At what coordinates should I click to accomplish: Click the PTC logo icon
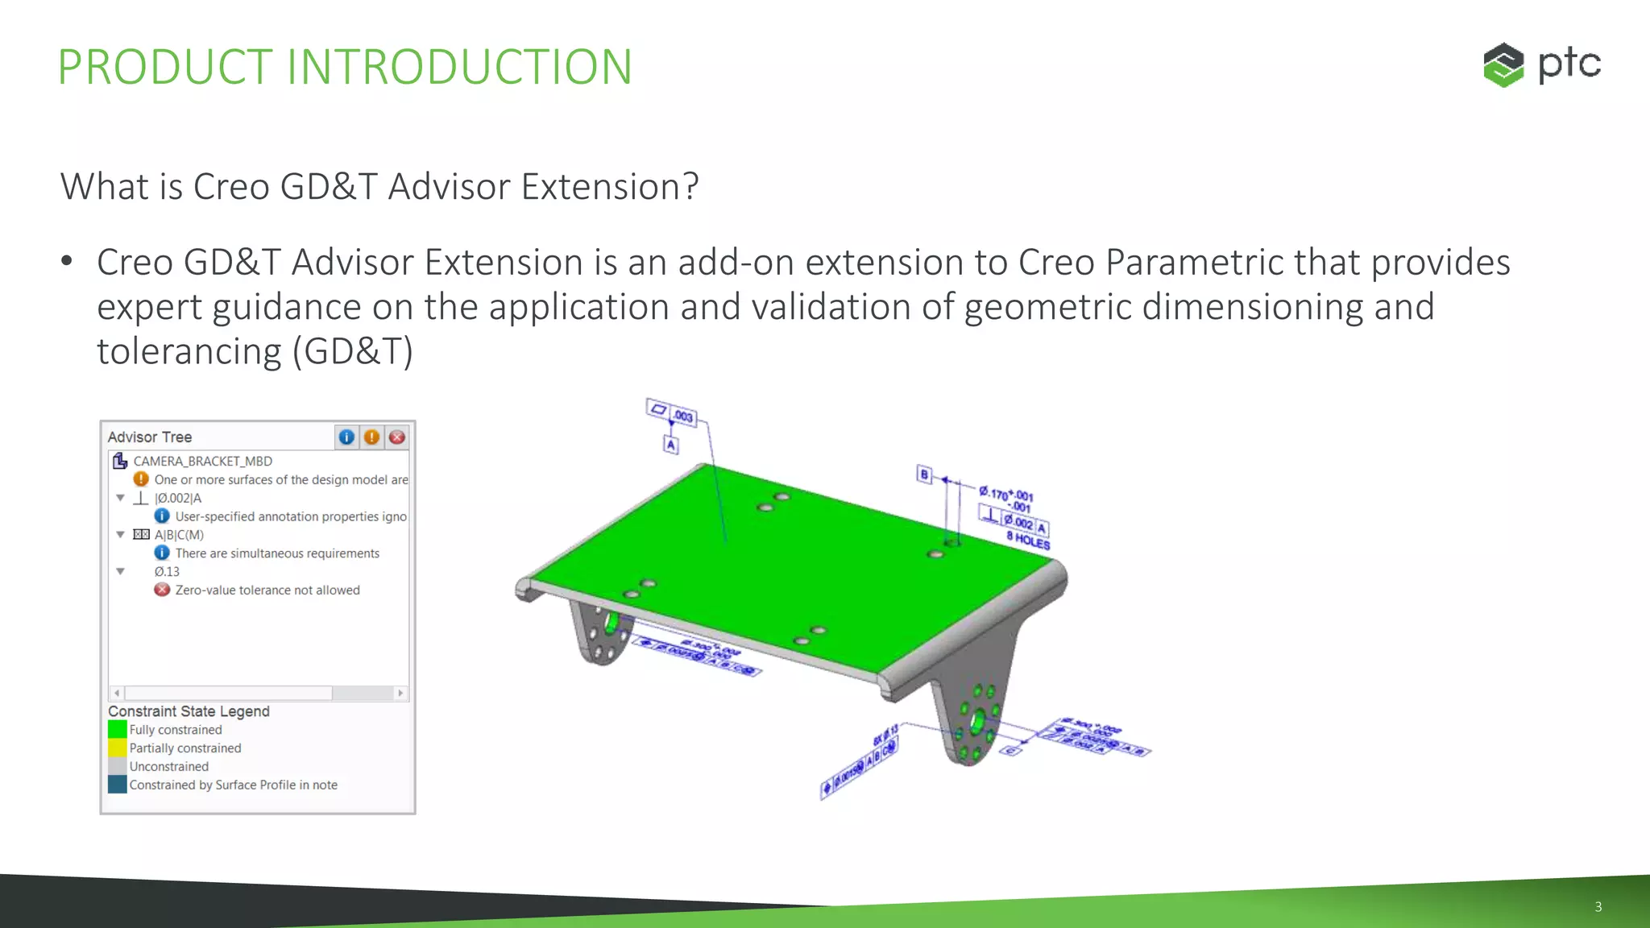point(1503,64)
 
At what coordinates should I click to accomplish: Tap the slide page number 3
point(1598,906)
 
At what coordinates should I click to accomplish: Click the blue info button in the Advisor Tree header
point(346,437)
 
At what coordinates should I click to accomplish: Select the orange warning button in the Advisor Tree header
point(371,437)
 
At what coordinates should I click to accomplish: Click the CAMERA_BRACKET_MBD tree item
point(202,461)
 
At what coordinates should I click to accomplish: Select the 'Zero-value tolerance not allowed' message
point(267,590)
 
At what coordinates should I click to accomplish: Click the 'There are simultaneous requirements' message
point(276,553)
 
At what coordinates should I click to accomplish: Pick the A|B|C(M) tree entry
point(179,535)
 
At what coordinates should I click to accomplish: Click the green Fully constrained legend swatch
point(118,729)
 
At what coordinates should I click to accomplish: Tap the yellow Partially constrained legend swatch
point(118,748)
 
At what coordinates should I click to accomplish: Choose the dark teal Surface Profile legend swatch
point(118,785)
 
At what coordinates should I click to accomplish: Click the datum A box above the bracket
point(671,445)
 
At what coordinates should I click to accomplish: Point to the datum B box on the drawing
point(924,474)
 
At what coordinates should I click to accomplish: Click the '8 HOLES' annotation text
point(1028,541)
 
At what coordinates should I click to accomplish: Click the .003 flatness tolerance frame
point(672,413)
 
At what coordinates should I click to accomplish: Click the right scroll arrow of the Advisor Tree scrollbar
point(400,693)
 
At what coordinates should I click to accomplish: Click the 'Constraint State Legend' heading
point(189,711)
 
